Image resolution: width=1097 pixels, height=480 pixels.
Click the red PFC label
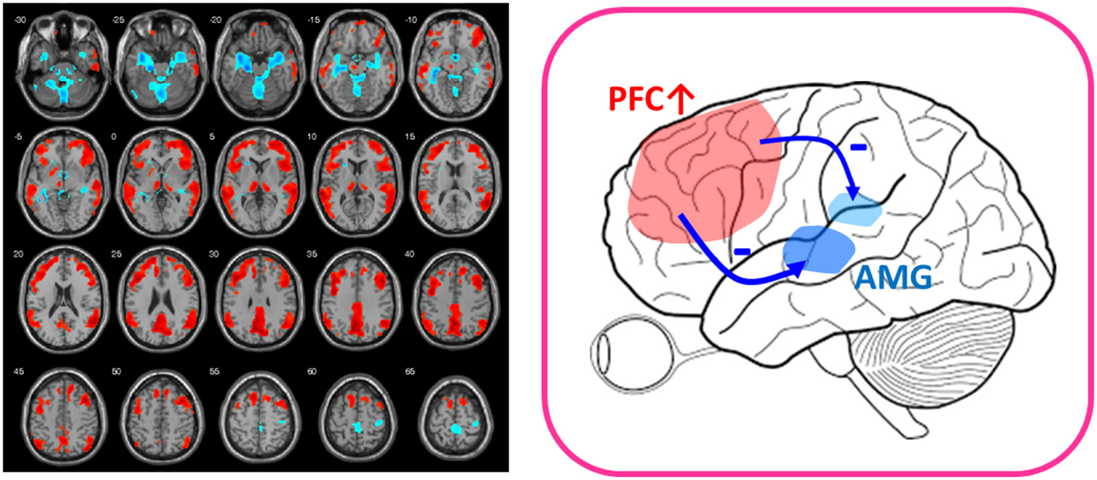coord(636,99)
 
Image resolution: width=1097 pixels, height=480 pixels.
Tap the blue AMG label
coord(893,277)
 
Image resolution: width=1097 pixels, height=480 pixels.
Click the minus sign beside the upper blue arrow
coord(858,147)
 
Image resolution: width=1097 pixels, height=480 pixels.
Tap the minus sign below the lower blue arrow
coord(742,251)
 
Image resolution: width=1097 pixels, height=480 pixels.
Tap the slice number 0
coord(113,137)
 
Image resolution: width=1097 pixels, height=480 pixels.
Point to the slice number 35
coord(311,254)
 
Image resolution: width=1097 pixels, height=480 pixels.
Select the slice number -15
coord(313,20)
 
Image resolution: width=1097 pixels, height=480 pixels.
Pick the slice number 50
coord(116,371)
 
